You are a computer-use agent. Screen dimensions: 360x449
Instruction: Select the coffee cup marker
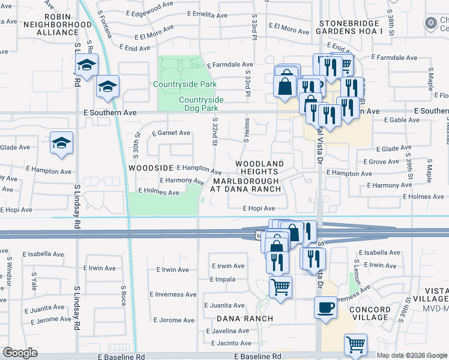(x=325, y=307)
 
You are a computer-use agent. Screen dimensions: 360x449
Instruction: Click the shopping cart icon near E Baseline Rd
(x=355, y=345)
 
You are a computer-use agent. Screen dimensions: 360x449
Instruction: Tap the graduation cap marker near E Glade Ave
(x=61, y=143)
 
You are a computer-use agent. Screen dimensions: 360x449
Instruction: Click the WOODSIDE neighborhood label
(x=151, y=169)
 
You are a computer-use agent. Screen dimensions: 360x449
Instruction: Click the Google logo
(x=20, y=353)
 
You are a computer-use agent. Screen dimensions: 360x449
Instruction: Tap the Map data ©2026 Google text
(x=412, y=355)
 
